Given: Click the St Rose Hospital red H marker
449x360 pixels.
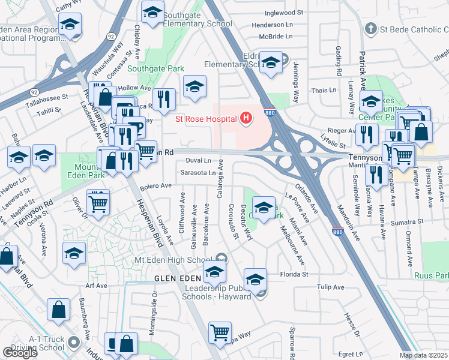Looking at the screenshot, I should [245, 119].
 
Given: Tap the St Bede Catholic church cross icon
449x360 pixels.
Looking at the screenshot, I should [371, 28].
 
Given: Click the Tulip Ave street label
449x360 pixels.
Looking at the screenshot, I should [331, 287].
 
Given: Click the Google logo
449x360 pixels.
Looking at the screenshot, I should [20, 353].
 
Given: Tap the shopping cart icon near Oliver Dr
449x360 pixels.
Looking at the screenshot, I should [98, 202].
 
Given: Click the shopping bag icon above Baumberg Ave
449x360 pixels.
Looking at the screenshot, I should [59, 311].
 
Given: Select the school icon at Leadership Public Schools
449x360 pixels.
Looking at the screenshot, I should [255, 280].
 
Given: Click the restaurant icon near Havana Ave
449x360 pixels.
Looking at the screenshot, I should [376, 175].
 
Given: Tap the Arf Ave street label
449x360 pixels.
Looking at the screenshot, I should [96, 286].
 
